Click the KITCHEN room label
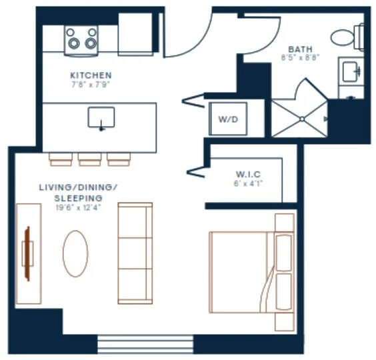91,75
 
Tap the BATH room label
300,49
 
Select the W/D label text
228,119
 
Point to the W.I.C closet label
248,174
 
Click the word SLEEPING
79,199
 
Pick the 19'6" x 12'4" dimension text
78,208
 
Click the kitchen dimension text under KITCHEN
91,85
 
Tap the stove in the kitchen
81,41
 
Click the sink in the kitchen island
101,118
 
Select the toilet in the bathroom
347,37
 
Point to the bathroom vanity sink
350,72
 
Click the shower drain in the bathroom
302,119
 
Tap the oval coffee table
75,254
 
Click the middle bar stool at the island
90,159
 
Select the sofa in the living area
135,253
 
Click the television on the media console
28,253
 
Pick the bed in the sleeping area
251,272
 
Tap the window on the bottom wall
145,345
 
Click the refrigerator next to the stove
135,34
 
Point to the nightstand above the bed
285,223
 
